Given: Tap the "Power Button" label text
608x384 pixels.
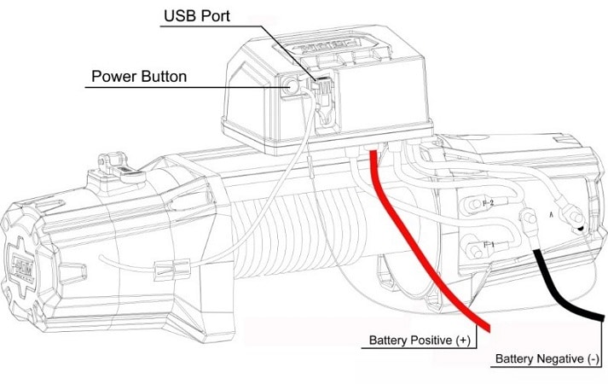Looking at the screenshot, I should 138,77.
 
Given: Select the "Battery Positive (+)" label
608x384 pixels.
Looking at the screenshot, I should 419,340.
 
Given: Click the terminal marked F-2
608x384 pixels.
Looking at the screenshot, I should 472,206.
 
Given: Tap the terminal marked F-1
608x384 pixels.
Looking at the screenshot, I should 472,249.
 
